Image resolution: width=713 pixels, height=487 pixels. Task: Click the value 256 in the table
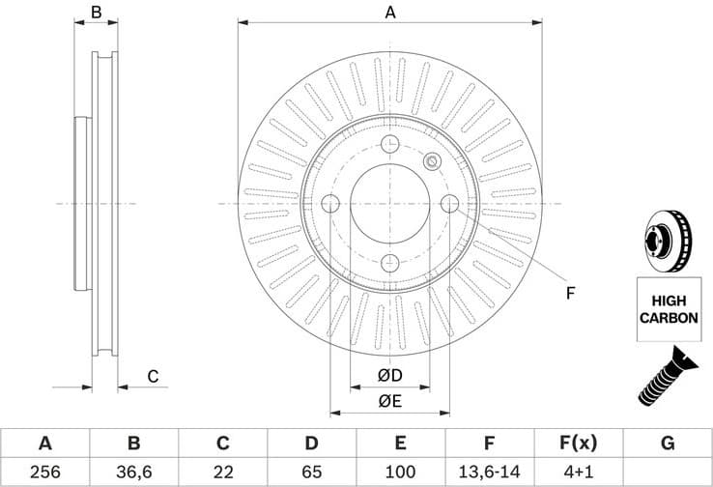click(44, 473)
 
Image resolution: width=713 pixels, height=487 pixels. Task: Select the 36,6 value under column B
click(133, 473)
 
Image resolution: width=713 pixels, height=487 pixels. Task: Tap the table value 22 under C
click(222, 473)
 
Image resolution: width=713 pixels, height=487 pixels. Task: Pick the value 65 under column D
click(311, 473)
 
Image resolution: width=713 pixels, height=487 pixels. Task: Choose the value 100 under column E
click(400, 473)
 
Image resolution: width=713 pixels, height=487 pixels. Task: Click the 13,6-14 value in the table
click(489, 473)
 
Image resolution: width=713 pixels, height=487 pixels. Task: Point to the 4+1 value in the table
click(578, 473)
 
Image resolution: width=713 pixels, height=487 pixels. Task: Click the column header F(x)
click(578, 444)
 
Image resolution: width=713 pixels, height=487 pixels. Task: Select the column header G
click(668, 444)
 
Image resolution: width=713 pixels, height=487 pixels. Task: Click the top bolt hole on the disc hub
click(390, 145)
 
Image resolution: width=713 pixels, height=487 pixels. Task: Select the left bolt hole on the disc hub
click(329, 204)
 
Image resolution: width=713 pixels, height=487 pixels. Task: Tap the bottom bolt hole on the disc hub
click(390, 264)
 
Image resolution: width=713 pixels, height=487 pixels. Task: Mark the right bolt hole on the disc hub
click(450, 204)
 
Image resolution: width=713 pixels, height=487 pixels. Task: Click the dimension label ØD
click(389, 375)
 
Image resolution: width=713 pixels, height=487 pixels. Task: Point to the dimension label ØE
click(389, 401)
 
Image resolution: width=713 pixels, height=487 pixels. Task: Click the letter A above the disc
click(390, 13)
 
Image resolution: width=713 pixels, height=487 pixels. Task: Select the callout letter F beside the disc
click(570, 293)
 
